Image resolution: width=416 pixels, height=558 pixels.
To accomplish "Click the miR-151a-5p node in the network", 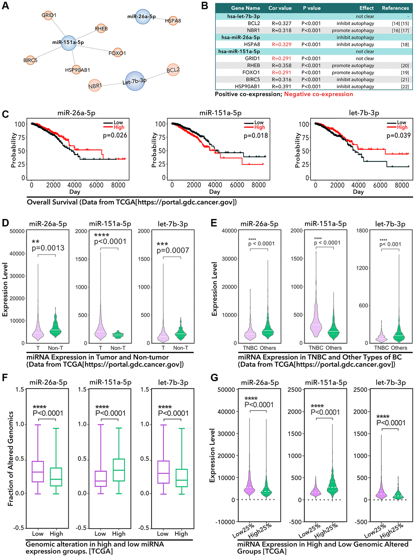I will tap(68, 43).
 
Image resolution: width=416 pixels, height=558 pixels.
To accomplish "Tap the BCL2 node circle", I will tap(173, 70).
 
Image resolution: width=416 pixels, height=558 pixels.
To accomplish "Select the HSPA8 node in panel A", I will tap(173, 20).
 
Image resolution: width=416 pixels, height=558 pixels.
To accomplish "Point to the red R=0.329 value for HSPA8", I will tap(281, 44).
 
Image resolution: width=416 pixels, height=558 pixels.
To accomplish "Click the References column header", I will tap(395, 8).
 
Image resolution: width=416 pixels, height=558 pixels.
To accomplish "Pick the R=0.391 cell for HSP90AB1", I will tap(281, 86).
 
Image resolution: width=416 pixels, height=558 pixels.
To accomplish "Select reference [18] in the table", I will tap(405, 44).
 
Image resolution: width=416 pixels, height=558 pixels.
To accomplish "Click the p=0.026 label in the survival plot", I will tap(115, 135).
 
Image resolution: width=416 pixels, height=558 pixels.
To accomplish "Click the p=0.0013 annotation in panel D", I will tap(48, 248).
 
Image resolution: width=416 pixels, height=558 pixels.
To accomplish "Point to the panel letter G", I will tap(214, 378).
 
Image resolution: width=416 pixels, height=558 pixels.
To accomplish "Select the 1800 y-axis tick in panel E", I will tap(362, 231).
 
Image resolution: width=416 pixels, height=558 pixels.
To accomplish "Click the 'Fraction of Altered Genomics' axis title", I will tap(11, 458).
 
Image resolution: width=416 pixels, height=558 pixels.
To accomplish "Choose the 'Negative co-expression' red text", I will tap(318, 94).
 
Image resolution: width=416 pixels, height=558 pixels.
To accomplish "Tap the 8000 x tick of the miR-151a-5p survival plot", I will tap(258, 185).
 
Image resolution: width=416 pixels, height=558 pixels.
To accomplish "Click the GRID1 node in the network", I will tap(49, 15).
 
